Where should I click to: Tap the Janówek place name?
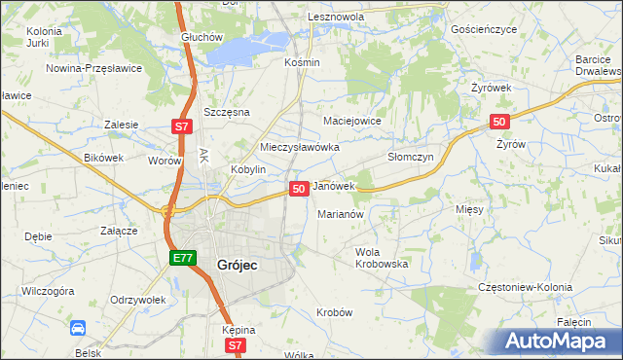tap(334, 185)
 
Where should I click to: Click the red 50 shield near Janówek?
tap(299, 187)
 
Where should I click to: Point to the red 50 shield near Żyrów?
tap(498, 121)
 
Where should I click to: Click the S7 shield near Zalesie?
tap(181, 126)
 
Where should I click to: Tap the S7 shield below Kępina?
tap(235, 345)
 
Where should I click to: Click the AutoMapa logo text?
tap(562, 342)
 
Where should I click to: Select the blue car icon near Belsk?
tap(77, 328)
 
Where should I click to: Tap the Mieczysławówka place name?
tap(299, 147)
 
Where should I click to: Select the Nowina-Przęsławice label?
tap(94, 68)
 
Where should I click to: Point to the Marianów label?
tap(341, 214)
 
